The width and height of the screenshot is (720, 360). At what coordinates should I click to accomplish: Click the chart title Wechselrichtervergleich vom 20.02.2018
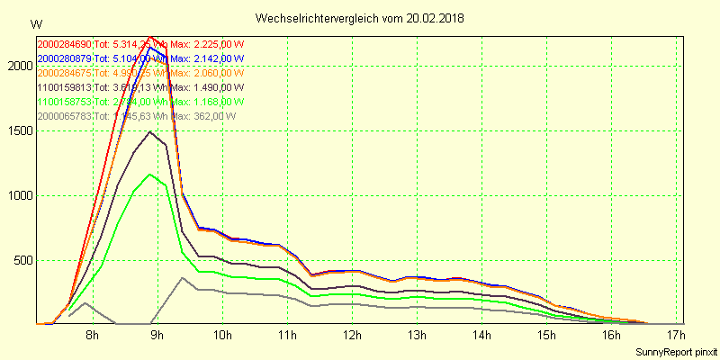[x=360, y=18]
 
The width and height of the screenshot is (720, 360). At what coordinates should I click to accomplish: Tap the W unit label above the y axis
[x=35, y=23]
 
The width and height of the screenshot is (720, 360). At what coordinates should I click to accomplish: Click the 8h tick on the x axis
[x=92, y=336]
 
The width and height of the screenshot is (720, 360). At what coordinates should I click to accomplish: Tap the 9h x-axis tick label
[x=157, y=336]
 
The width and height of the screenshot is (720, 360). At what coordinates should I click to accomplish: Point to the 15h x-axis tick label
[x=546, y=336]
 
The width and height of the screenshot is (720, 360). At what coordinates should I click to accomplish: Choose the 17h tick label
[x=676, y=336]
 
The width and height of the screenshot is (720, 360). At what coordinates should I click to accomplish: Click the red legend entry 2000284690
[x=65, y=44]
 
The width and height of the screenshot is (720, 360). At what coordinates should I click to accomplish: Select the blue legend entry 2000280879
[x=65, y=58]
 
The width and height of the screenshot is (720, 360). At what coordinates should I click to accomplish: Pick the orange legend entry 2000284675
[x=65, y=73]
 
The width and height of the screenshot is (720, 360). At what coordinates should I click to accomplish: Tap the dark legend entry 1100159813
[x=65, y=87]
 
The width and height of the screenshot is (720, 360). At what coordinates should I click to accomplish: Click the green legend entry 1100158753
[x=65, y=102]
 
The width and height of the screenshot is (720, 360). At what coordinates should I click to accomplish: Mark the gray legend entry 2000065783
[x=65, y=116]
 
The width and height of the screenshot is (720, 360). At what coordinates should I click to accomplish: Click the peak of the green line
[x=150, y=175]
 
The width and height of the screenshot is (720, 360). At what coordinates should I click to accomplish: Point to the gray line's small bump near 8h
[x=85, y=303]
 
